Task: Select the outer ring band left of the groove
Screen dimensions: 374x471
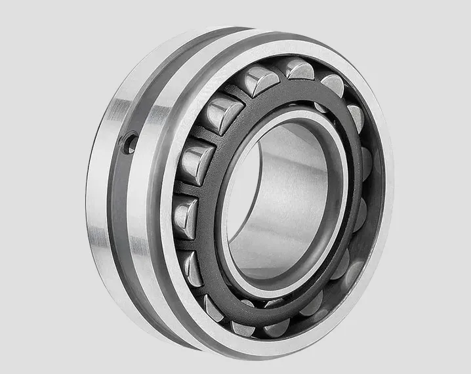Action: [x=102, y=197]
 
